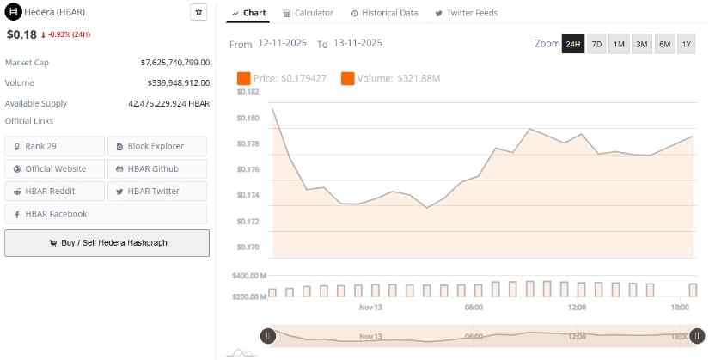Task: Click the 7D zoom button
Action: click(x=596, y=44)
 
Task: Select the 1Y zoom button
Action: click(x=686, y=44)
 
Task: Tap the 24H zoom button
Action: click(x=572, y=44)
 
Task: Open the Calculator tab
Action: click(x=308, y=13)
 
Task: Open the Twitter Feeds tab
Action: click(x=467, y=13)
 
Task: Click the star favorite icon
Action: click(x=199, y=12)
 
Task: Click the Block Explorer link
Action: click(x=156, y=146)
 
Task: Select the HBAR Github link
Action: click(x=156, y=168)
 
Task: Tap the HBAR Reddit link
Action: click(x=54, y=191)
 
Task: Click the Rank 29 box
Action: click(x=54, y=146)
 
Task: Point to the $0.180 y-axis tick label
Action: click(x=248, y=118)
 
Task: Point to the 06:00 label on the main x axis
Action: click(x=474, y=307)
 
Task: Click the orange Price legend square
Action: click(x=243, y=79)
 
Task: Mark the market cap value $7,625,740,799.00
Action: click(x=174, y=63)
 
